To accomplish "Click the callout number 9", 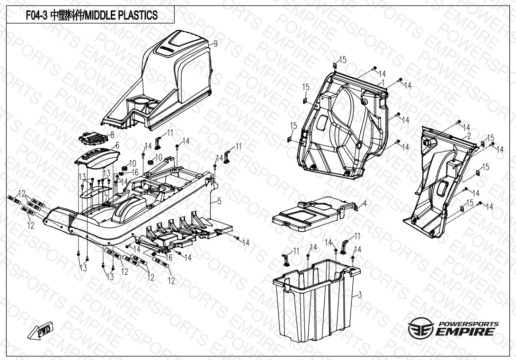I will coord(215,44).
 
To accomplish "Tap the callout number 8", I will coord(112,135).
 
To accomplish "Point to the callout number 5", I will coord(219,201).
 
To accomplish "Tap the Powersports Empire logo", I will coord(454,328).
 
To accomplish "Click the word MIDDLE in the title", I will coord(101,16).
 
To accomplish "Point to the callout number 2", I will coord(468,135).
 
